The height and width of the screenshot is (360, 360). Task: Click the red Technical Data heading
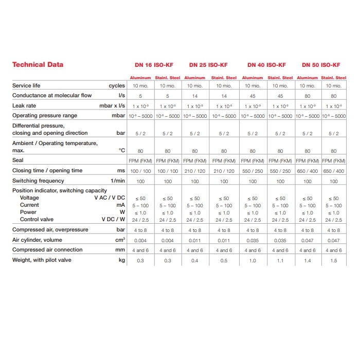click(38, 65)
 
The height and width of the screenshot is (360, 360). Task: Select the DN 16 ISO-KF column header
click(154, 65)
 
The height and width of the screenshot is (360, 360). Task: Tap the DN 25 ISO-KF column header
click(208, 65)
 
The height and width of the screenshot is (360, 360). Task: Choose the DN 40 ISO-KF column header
click(266, 65)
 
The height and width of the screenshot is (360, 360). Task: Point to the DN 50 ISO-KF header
click(321, 65)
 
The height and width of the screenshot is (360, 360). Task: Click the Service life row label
click(26, 85)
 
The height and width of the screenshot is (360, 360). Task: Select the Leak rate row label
click(24, 105)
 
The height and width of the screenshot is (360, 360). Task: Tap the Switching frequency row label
click(38, 181)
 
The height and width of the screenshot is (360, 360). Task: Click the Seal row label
click(18, 160)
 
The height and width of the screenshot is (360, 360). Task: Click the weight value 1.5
click(334, 261)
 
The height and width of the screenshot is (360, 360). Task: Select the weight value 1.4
click(308, 261)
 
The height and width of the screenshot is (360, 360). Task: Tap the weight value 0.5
click(224, 261)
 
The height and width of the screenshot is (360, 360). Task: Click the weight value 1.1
click(280, 261)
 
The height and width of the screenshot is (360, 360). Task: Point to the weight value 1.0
click(253, 261)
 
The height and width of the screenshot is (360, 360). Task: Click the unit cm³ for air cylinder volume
click(121, 240)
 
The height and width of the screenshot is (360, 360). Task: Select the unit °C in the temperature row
click(121, 151)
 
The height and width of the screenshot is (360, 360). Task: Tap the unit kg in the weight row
click(122, 260)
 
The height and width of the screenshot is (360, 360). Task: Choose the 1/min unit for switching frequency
click(117, 181)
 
